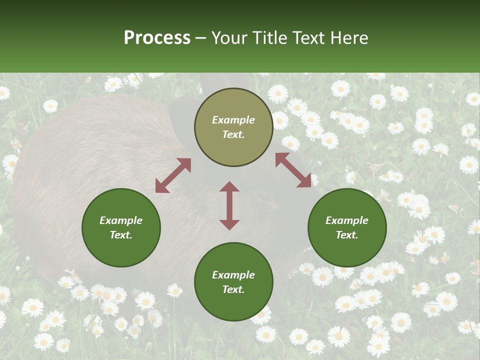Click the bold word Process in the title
(157, 38)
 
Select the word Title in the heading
(269, 38)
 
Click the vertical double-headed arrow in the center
(229, 205)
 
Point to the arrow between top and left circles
(173, 175)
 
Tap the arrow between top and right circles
(293, 170)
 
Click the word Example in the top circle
(233, 120)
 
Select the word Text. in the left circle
(121, 235)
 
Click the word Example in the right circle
(347, 220)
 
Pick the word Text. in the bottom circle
(233, 289)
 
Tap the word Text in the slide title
(310, 38)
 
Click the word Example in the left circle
(121, 220)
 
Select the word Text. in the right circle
(347, 235)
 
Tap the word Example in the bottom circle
(233, 275)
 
